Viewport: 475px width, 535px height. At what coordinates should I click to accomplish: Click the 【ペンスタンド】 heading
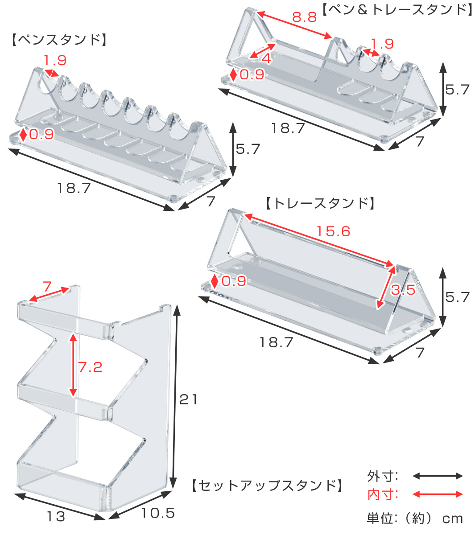coord(58,40)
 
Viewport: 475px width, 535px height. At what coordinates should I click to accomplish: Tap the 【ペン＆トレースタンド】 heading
coord(397,9)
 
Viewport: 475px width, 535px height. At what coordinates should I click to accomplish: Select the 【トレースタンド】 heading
coord(319,204)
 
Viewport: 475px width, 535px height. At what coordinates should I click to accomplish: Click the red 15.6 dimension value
coord(333,231)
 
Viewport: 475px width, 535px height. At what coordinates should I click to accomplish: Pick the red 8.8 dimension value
coord(304,17)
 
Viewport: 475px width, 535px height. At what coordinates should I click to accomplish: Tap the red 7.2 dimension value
coord(90,367)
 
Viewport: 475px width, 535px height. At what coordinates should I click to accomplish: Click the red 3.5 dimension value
coord(403,290)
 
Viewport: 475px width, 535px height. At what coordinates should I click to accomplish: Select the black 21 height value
coord(188,399)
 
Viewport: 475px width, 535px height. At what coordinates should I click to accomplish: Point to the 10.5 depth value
coord(158,513)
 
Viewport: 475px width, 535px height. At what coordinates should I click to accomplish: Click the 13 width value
coord(56,517)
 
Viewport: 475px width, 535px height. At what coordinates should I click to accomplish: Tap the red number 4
coord(266,58)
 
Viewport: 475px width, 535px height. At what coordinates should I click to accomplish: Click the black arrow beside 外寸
coord(438,476)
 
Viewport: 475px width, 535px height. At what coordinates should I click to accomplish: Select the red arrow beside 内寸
coord(438,494)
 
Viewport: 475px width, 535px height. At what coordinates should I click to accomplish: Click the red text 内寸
coord(382,494)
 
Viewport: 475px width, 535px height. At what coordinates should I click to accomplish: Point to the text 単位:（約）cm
coord(414,519)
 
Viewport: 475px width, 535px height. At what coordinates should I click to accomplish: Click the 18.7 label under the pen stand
coord(74,188)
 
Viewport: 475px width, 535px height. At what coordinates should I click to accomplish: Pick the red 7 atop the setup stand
coord(47,286)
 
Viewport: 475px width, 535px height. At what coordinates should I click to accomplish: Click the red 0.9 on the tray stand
coord(234,281)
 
